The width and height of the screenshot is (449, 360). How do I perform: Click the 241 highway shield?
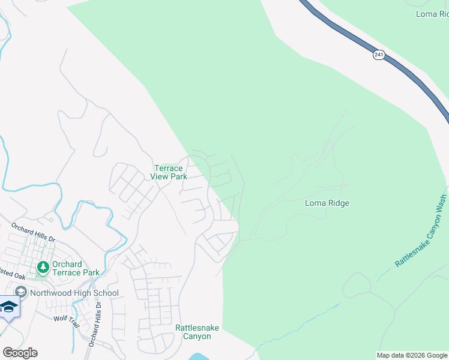click(378, 55)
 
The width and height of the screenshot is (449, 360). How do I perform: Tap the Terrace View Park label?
click(170, 172)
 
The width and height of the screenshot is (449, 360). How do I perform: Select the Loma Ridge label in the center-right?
click(327, 203)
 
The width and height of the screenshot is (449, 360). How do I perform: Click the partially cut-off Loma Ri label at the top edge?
click(432, 13)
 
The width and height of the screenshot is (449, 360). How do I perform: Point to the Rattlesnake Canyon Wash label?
click(421, 231)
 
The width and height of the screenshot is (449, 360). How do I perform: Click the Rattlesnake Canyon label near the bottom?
click(197, 332)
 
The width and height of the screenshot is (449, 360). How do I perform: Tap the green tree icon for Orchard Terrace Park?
click(43, 267)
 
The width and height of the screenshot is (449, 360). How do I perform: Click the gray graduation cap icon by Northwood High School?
click(22, 292)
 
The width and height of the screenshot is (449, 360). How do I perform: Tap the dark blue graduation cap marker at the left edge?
click(8, 307)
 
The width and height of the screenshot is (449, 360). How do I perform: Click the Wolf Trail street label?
click(66, 319)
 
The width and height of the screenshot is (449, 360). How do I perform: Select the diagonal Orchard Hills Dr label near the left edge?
click(33, 231)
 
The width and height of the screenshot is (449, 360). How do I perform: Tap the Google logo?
click(20, 352)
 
